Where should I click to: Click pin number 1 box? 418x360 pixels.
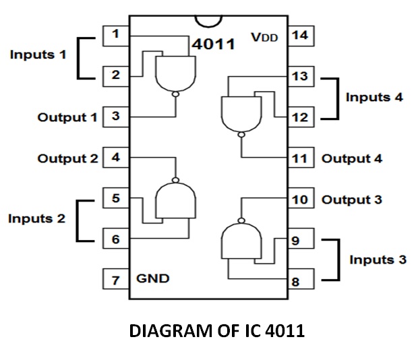(116, 34)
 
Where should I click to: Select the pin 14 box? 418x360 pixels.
(299, 34)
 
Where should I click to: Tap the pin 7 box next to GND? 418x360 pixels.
(116, 278)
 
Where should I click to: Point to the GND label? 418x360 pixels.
(153, 278)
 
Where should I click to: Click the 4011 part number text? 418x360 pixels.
(213, 44)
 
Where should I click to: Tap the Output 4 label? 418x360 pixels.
(352, 159)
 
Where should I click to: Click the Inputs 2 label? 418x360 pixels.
(37, 218)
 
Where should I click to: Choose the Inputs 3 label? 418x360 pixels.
(378, 260)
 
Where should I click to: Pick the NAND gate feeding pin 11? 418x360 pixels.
(240, 112)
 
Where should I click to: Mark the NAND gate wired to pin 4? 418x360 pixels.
(176, 202)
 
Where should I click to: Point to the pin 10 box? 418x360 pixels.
(299, 200)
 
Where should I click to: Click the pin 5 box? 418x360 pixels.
(116, 199)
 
